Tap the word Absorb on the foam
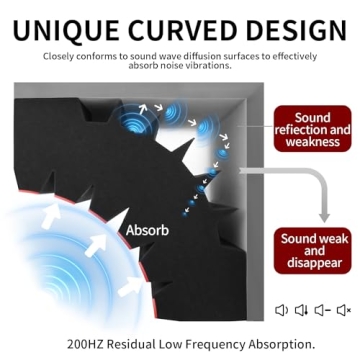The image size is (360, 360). click(146, 229)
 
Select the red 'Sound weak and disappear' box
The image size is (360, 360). click(313, 251)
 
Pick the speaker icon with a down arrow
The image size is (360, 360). click(302, 311)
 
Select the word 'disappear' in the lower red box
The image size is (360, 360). click(313, 265)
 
